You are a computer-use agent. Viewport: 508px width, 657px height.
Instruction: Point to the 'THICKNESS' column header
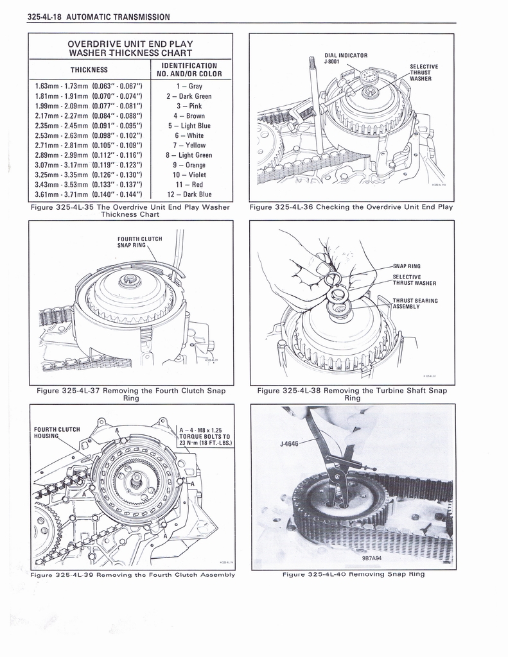point(89,70)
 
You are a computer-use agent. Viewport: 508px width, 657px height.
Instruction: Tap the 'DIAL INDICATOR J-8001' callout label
point(346,58)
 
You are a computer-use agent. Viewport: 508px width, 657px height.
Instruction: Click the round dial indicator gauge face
point(369,77)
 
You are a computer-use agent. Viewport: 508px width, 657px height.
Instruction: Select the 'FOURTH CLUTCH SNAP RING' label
point(139,241)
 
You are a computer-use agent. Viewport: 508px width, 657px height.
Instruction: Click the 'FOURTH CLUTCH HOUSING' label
point(57,432)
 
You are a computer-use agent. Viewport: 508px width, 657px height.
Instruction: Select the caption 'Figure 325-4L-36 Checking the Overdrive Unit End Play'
point(351,207)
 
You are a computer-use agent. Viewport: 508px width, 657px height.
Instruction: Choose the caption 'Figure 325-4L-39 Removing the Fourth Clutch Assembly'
point(132,574)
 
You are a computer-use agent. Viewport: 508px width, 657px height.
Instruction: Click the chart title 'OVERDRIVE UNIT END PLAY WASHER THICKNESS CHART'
point(130,47)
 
